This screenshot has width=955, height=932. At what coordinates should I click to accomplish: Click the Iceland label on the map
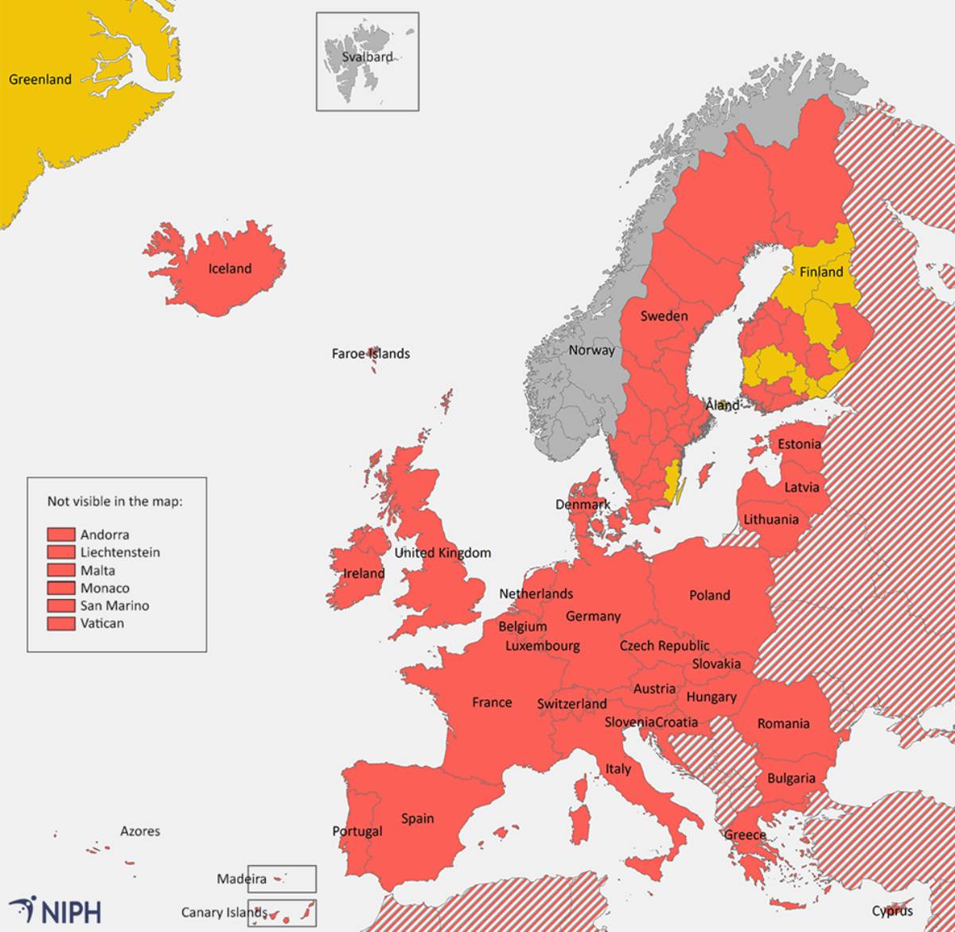point(229,268)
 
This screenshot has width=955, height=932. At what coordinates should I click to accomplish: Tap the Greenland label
point(40,80)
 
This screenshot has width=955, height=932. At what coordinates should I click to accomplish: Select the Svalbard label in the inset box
point(367,57)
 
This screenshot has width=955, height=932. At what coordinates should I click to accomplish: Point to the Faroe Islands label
point(370,354)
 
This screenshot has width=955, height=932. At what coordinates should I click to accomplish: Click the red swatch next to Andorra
point(61,535)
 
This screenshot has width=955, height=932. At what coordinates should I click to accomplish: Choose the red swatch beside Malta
point(61,570)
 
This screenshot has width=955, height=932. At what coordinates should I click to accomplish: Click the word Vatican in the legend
point(102,624)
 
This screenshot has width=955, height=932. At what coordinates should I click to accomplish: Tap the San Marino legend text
point(114,606)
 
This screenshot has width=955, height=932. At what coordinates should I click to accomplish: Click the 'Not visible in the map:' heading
point(115,501)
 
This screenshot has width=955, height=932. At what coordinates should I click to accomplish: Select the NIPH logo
point(56,910)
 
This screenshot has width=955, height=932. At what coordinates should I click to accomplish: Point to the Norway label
point(591,350)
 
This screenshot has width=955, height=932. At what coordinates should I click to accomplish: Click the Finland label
point(821,272)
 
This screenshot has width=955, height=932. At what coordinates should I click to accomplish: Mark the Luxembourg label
point(542,646)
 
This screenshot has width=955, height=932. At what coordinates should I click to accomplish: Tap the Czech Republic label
point(664,645)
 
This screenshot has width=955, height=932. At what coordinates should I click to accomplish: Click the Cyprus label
point(891,911)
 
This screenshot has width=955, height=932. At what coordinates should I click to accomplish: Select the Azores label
point(140,832)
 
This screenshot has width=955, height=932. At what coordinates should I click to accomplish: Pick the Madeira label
point(241,879)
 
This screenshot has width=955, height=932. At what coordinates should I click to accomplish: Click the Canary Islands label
point(224,913)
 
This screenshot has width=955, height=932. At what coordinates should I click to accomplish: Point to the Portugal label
point(357,832)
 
